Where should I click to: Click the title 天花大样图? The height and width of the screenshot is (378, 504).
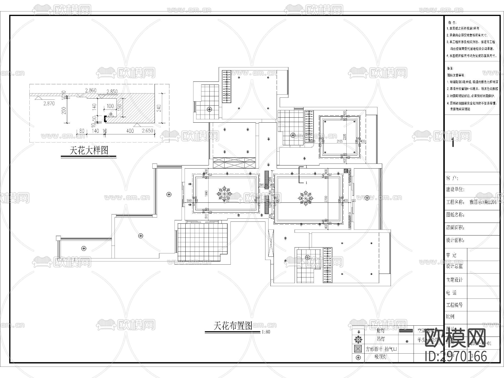pyautogui.click(x=89, y=151)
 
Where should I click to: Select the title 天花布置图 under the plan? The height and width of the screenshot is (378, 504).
pyautogui.click(x=233, y=326)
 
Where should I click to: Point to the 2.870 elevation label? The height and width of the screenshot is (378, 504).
pyautogui.click(x=49, y=103)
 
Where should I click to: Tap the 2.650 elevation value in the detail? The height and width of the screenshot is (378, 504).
pyautogui.click(x=148, y=130)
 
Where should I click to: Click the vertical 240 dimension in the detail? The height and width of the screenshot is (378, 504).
pyautogui.click(x=159, y=108)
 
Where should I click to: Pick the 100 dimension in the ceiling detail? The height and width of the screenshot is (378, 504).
pyautogui.click(x=110, y=106)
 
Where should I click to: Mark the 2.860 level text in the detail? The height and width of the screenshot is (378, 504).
pyautogui.click(x=91, y=90)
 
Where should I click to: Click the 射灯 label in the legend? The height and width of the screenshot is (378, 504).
pyautogui.click(x=381, y=330)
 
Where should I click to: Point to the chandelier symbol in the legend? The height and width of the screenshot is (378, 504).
pyautogui.click(x=358, y=339)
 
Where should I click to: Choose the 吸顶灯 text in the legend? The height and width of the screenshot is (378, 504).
pyautogui.click(x=381, y=357)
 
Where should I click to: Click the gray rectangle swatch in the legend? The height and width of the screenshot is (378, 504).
pyautogui.click(x=406, y=331)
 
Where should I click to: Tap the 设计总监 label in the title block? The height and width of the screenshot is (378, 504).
pyautogui.click(x=454, y=266)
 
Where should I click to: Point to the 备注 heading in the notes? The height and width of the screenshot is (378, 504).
pyautogui.click(x=450, y=68)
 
